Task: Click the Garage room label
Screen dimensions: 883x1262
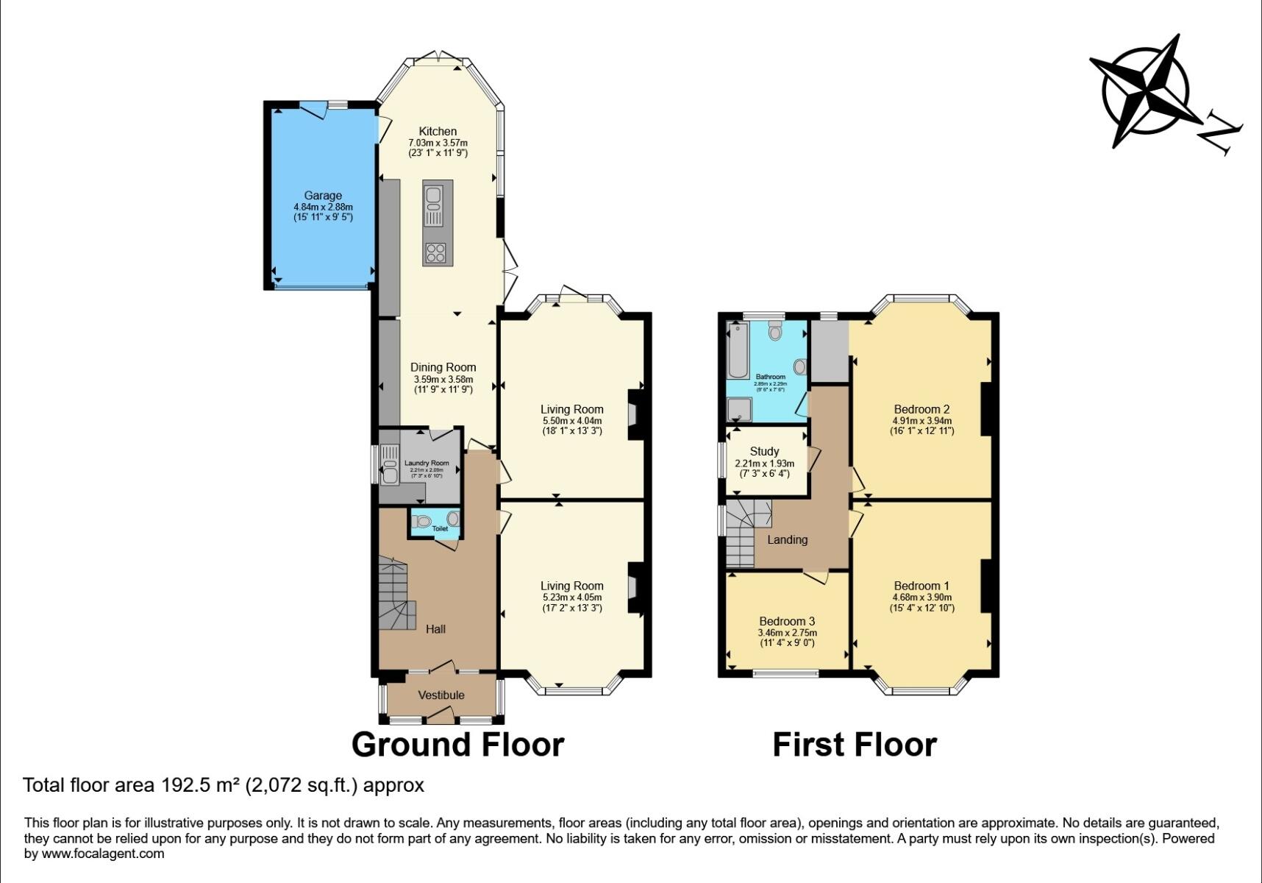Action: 323,196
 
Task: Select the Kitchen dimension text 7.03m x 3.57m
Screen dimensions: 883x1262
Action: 438,143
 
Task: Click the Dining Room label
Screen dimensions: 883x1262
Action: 443,367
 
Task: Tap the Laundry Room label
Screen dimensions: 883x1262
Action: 427,463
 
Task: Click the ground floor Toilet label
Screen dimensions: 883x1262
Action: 440,528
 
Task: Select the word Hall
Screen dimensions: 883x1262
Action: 435,629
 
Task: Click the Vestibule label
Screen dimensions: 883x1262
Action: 441,695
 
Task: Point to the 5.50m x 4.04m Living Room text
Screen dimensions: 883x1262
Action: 571,421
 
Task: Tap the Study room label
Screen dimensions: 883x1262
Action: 764,451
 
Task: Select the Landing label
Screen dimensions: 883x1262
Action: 787,539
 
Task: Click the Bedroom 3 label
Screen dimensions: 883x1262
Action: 787,621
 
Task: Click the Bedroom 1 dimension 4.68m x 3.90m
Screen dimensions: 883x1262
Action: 921,597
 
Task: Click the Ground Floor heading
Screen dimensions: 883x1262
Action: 457,745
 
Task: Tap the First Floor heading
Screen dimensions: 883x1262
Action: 854,745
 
